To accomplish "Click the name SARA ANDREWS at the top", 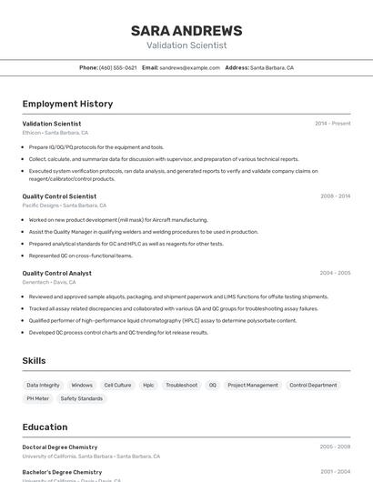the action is (186, 30).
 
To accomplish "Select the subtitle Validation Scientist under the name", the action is (186, 45).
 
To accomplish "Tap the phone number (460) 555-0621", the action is (118, 67).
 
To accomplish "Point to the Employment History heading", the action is (67, 104).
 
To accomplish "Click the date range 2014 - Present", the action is (332, 124).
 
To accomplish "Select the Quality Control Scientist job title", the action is (59, 196).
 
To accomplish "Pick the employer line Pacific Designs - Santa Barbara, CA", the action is (64, 206).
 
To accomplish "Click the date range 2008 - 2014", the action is (335, 196).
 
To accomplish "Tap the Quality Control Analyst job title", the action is (56, 273).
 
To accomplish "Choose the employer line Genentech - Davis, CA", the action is (49, 282).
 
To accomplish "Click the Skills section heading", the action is (34, 361).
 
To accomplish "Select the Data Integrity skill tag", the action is (43, 386).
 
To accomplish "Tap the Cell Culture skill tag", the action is (117, 386).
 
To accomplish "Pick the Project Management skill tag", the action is (253, 386).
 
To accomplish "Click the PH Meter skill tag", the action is (37, 398).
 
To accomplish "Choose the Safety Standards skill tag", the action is (82, 398).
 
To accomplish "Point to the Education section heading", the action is (45, 427).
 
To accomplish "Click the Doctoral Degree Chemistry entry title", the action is (59, 447).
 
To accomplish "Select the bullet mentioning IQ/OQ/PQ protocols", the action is (96, 147).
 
